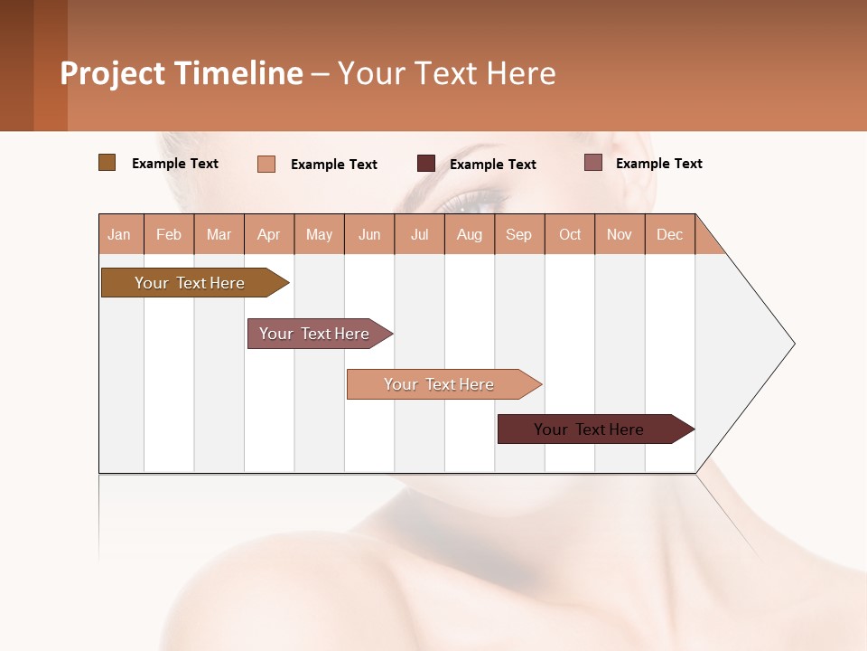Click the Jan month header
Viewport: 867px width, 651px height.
coord(119,234)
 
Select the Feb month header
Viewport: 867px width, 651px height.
coord(169,234)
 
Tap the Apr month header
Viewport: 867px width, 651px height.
coord(268,234)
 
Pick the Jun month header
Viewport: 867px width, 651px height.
coord(369,234)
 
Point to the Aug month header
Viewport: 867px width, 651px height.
coord(469,234)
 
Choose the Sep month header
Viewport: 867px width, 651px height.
coord(518,234)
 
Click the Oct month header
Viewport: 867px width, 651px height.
coord(570,234)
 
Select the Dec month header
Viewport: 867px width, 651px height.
coord(669,234)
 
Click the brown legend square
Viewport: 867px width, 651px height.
coord(107,163)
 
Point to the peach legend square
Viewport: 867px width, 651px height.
coord(266,164)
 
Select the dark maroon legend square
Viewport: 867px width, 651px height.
coord(426,164)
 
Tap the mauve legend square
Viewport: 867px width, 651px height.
coord(592,163)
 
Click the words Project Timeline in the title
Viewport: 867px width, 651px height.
coord(182,73)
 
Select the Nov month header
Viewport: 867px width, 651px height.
coord(620,234)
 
